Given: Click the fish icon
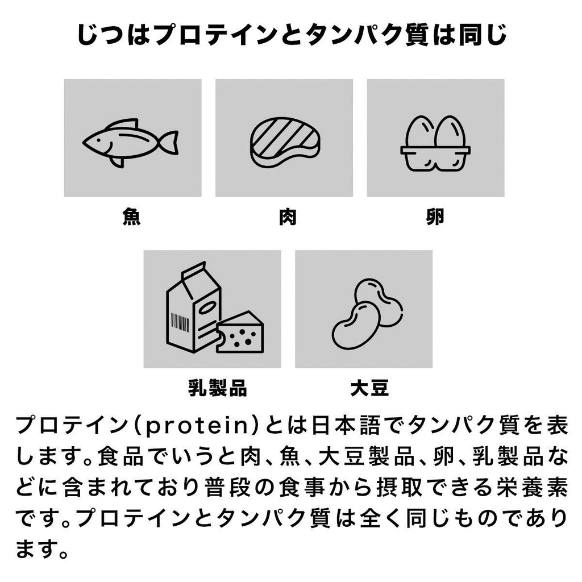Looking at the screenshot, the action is (130, 143).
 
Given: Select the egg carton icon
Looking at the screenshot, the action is (435, 143).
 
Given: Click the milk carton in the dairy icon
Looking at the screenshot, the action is (194, 307).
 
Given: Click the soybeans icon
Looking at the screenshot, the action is (367, 314).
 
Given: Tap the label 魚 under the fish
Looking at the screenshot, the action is (132, 217).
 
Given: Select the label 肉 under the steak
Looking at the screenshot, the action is (288, 217).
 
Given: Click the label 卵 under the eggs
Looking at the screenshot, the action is (435, 217).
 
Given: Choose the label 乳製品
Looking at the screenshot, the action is (218, 388).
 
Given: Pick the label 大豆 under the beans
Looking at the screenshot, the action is (369, 388).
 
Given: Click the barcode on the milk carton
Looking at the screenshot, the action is (180, 322).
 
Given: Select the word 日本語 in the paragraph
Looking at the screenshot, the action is (346, 426).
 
